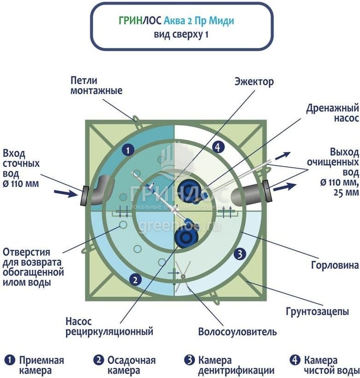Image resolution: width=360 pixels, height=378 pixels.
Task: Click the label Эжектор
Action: pos(254,82)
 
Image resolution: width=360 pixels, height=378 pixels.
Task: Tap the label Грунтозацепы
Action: pos(322,312)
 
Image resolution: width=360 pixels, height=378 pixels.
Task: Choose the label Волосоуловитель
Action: pos(237,332)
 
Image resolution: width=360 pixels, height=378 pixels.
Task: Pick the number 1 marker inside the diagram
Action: pos(129,149)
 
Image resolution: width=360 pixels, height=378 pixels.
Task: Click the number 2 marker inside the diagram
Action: pos(135,278)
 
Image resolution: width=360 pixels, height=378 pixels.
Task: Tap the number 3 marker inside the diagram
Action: pos(239,253)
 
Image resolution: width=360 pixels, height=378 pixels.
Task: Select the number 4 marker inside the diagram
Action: pos(218,147)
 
